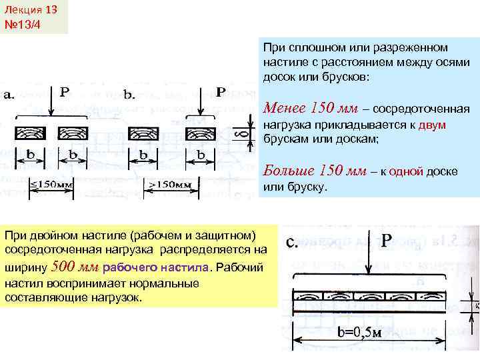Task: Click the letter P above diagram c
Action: coord(387,239)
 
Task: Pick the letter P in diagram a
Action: coord(65,90)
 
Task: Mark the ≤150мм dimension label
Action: coord(53,183)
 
